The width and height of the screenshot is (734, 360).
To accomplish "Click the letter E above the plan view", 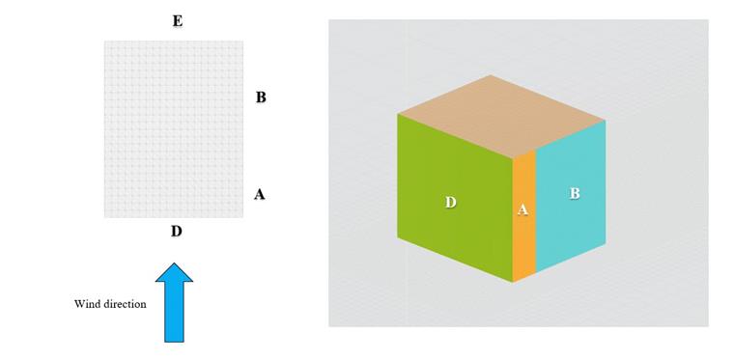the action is (x=177, y=21).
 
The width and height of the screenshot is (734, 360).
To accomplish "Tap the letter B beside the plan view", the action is (x=261, y=97).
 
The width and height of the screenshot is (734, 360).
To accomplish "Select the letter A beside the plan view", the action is (x=259, y=194).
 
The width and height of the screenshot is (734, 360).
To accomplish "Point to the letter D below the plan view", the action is (x=176, y=232).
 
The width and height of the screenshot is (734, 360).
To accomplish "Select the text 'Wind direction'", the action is (x=110, y=304).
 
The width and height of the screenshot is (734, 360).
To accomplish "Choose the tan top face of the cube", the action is (x=500, y=114).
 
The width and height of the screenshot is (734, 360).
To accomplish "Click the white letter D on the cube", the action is (x=450, y=202).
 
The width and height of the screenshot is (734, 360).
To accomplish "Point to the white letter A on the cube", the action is (x=523, y=209).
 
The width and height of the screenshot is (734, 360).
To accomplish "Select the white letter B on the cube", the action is (x=575, y=193).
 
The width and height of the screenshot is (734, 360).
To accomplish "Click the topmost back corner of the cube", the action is (x=491, y=75).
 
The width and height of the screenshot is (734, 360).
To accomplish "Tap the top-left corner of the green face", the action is (x=398, y=114).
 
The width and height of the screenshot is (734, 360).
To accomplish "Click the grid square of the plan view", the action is (x=174, y=128).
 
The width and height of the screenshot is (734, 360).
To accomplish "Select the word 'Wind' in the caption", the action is (x=87, y=304).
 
